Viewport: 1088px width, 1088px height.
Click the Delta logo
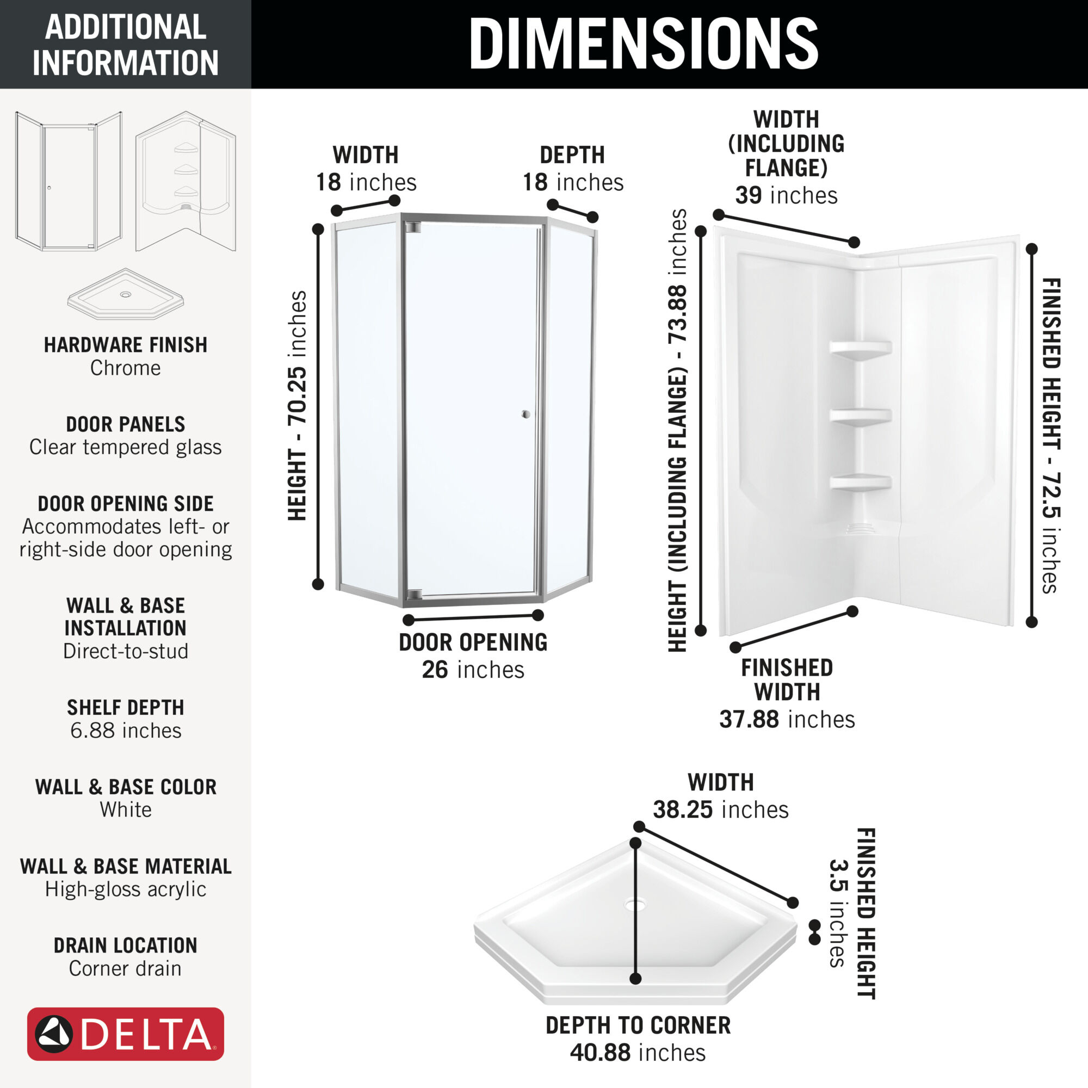[x=126, y=1034]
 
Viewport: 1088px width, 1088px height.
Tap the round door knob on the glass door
[x=526, y=415]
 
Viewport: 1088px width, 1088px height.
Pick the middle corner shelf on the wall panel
[x=860, y=417]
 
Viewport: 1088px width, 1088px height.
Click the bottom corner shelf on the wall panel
[x=860, y=483]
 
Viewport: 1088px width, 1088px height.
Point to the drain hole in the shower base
[x=635, y=906]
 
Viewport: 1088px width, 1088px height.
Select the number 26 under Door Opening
[x=435, y=670]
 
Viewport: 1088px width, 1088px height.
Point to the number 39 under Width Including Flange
[x=749, y=195]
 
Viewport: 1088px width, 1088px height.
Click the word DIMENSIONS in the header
[x=643, y=44]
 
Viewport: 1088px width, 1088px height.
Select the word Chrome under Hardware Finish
[x=126, y=368]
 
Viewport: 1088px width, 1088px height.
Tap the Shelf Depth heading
[x=126, y=707]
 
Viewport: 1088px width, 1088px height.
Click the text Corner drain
[x=126, y=969]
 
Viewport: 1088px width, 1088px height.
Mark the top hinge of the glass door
[x=413, y=227]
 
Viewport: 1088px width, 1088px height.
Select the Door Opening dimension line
[x=474, y=618]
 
